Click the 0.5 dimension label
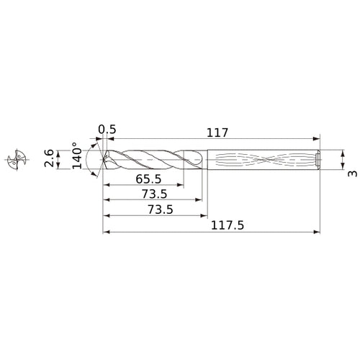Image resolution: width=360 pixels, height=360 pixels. [x=107, y=130]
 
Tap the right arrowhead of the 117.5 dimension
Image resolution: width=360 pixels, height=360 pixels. [x=318, y=233]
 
